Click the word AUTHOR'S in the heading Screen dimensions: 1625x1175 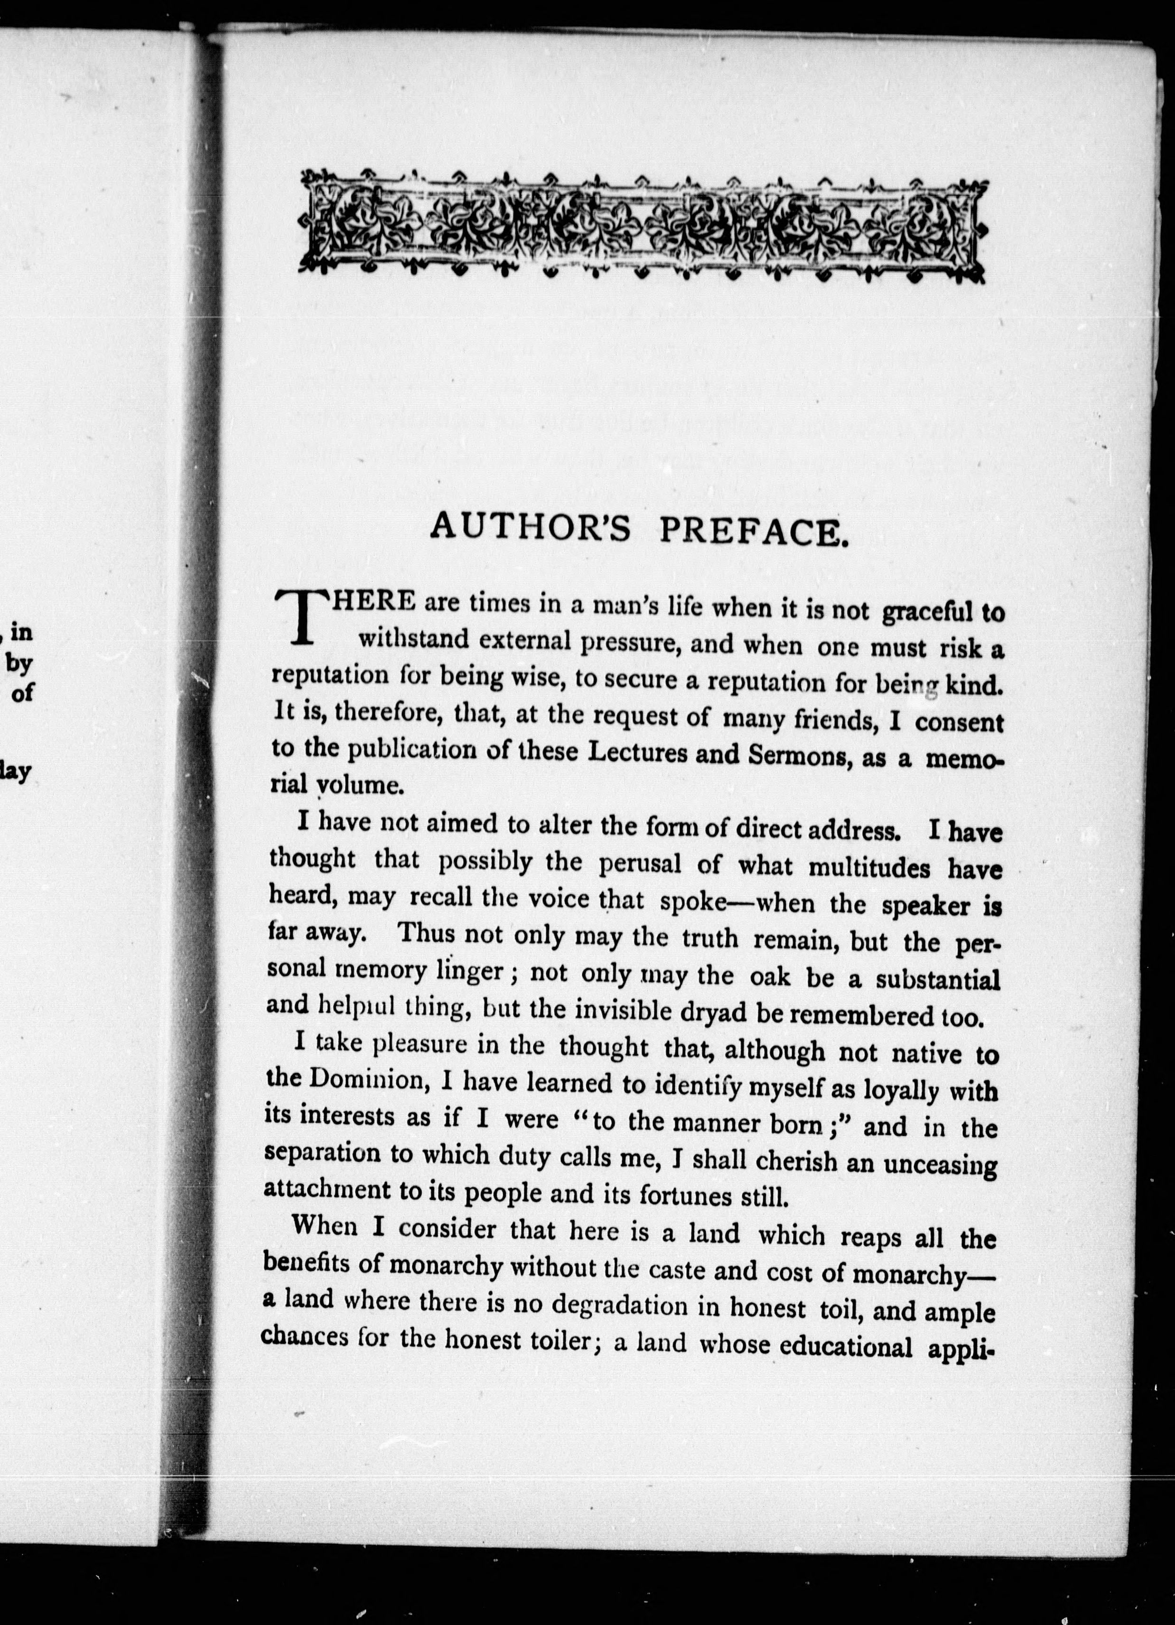pyautogui.click(x=530, y=528)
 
